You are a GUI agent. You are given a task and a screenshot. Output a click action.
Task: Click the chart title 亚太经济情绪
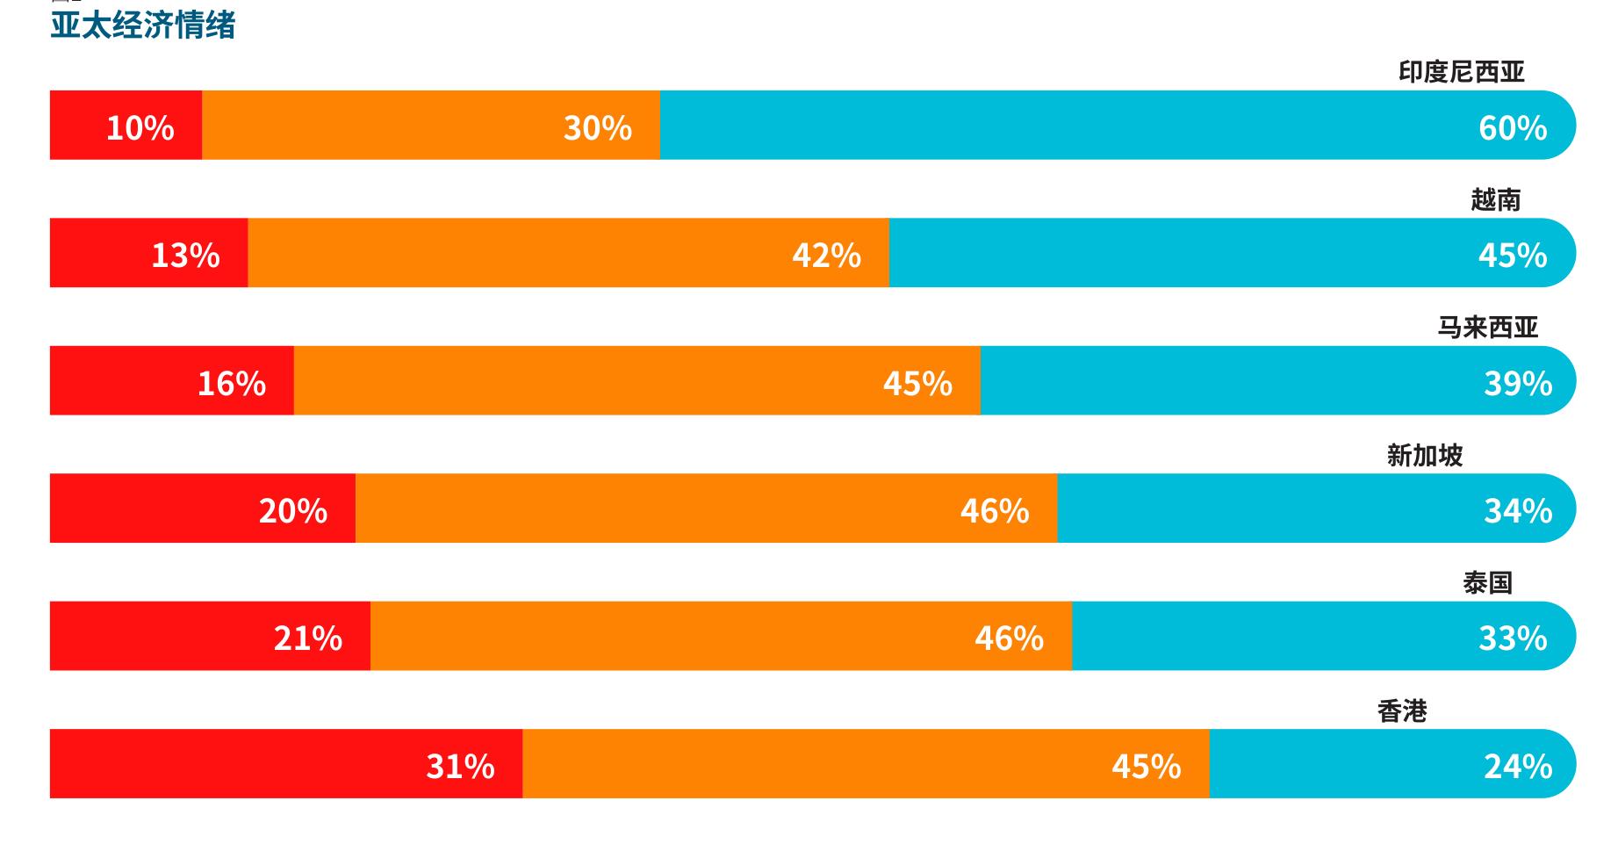(143, 25)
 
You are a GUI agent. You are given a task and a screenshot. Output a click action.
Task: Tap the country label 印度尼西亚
(1462, 72)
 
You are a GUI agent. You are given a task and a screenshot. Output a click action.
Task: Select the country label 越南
(1496, 199)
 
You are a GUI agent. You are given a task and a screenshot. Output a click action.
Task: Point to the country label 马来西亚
(1488, 328)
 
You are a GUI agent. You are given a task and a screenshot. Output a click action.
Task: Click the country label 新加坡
(1425, 455)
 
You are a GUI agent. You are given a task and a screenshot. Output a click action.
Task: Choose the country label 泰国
(1488, 582)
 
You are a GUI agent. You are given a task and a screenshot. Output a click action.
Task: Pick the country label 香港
(1403, 711)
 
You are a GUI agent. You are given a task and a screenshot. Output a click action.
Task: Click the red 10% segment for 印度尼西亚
(126, 125)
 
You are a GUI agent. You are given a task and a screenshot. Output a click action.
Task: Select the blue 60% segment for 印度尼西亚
(1118, 125)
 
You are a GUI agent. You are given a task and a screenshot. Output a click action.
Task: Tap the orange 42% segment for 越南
(569, 253)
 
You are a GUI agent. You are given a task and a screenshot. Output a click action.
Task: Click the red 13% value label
(185, 256)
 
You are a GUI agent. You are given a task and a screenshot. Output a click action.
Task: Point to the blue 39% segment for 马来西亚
(1278, 380)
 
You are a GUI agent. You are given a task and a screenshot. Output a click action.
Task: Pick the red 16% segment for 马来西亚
(172, 380)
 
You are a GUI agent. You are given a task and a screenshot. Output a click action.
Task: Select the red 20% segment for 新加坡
(203, 509)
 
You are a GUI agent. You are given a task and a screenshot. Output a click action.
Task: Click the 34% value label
(1518, 511)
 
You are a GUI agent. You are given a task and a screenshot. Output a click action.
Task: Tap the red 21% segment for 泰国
(211, 636)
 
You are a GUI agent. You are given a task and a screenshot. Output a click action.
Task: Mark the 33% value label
(1513, 638)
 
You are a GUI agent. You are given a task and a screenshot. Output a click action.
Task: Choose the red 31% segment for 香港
(286, 764)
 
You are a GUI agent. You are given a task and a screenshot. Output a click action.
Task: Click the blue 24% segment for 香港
(1393, 764)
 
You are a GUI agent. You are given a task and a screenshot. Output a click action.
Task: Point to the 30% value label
(598, 128)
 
